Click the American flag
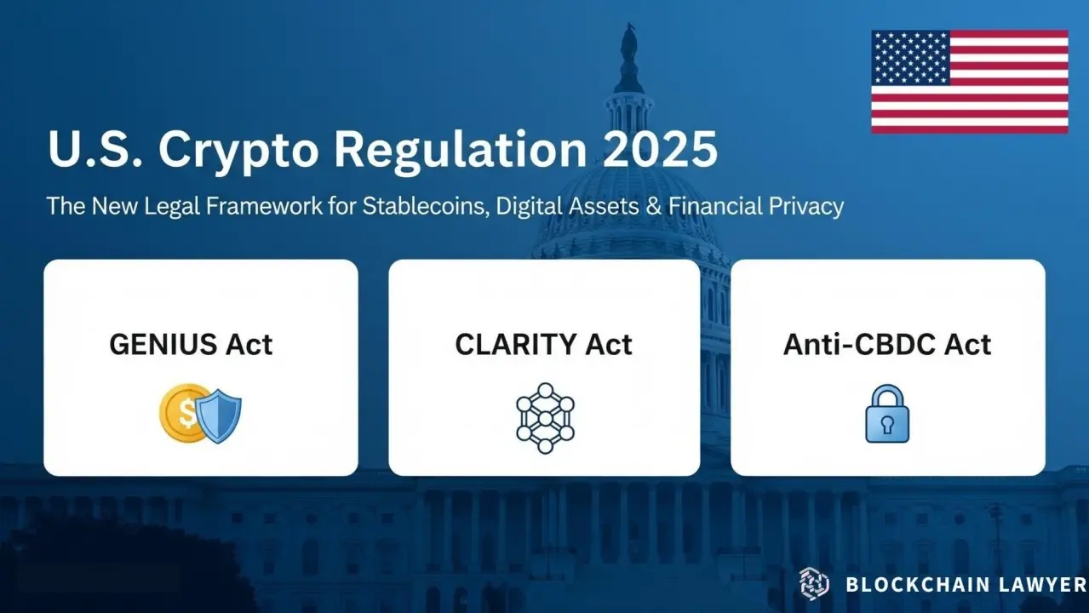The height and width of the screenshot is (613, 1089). [x=970, y=82]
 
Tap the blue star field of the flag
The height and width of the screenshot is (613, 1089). [x=910, y=57]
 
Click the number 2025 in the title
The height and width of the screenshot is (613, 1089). [x=660, y=149]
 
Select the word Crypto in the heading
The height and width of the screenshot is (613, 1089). [x=238, y=152]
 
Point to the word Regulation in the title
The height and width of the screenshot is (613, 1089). [x=461, y=152]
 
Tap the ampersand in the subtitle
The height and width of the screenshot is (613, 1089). [x=654, y=206]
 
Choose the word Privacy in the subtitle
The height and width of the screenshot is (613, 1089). [x=806, y=207]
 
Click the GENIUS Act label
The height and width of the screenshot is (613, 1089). [x=191, y=345]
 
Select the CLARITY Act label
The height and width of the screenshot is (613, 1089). [x=543, y=345]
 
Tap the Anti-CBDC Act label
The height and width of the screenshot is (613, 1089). [x=886, y=345]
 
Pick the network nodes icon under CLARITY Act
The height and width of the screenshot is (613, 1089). [x=545, y=419]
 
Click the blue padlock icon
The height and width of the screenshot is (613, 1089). [x=887, y=414]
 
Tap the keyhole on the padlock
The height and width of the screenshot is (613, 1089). [x=887, y=424]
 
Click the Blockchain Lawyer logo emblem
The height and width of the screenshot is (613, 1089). [x=814, y=584]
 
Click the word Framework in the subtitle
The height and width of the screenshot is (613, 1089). [x=263, y=206]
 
